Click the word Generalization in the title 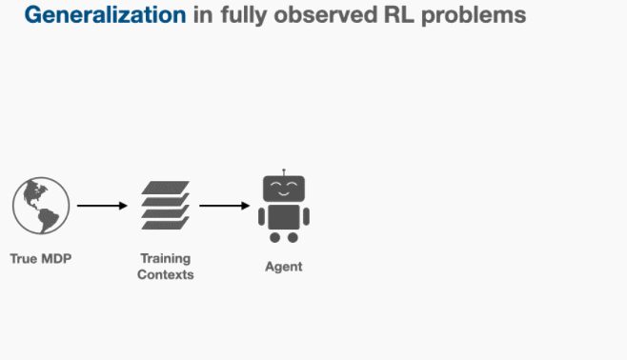105,15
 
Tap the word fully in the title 244,15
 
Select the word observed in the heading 326,15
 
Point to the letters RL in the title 398,15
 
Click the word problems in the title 474,15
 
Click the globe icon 41,206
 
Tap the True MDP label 41,258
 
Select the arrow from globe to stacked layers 102,206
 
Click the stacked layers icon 165,206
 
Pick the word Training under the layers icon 166,259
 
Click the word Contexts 166,274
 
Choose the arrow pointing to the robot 224,206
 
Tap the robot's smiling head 284,189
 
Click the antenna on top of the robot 284,172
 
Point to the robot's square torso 284,217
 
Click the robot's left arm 261,216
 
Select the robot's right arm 306,216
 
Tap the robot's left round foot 274,237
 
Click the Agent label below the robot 284,267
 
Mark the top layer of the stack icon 165,188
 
